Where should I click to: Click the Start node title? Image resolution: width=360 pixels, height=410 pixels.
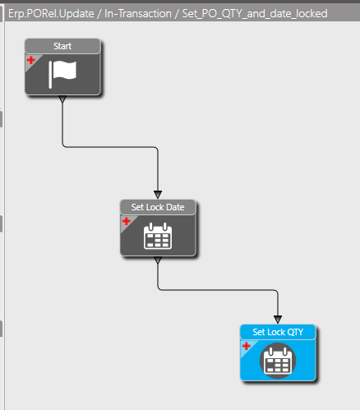(62, 46)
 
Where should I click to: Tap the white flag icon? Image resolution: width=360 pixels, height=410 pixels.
(62, 74)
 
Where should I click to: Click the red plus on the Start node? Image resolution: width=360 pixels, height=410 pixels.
(31, 60)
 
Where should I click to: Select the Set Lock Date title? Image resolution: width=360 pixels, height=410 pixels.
(158, 207)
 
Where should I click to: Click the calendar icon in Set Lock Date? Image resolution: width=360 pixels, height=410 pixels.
(158, 236)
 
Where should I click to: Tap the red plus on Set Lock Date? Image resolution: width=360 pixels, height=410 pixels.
(127, 221)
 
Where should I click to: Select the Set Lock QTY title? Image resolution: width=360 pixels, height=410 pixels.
(278, 332)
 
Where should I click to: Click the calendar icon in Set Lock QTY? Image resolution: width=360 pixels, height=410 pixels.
(278, 361)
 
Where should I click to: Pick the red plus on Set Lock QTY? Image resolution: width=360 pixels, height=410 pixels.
(247, 346)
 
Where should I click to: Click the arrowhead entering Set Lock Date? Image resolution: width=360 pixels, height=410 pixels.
(158, 195)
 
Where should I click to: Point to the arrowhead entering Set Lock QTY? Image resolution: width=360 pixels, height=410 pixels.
(278, 320)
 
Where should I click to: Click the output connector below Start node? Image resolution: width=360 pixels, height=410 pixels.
(62, 99)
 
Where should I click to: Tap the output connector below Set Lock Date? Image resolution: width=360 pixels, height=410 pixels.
(158, 260)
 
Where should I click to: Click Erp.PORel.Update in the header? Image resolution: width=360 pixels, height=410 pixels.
(51, 13)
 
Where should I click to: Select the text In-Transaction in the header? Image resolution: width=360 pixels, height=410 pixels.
(138, 13)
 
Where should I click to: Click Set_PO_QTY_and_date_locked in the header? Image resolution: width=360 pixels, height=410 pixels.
(255, 14)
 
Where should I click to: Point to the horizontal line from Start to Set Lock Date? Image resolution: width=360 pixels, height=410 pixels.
(110, 147)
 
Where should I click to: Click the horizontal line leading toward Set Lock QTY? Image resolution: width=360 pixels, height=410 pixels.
(218, 289)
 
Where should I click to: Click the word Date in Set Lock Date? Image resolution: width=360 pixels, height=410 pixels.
(175, 207)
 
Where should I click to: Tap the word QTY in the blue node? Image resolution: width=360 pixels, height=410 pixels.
(296, 332)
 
